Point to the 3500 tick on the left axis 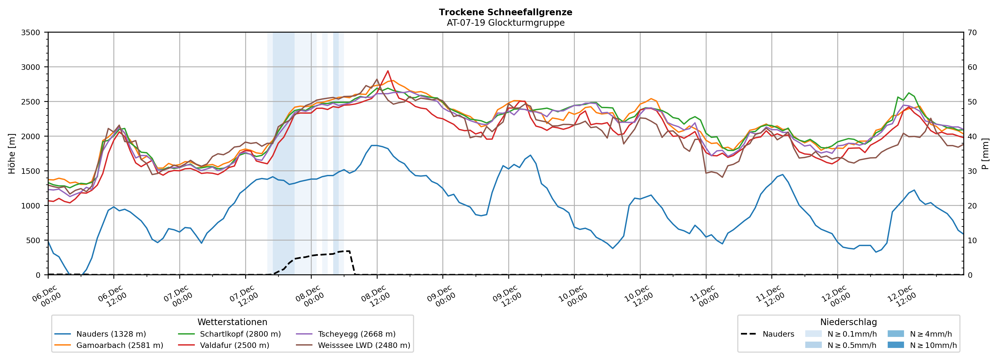(31, 33)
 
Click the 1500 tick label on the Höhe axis (31, 171)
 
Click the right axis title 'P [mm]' (985, 153)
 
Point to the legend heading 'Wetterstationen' (232, 322)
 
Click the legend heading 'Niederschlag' (848, 322)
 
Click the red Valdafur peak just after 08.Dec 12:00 (388, 71)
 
